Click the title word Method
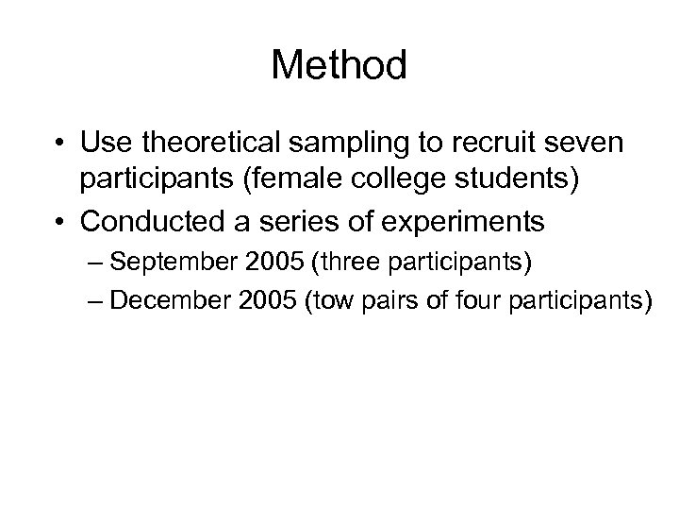[339, 65]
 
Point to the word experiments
[477, 222]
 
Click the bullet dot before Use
[59, 145]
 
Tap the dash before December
[111, 301]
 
